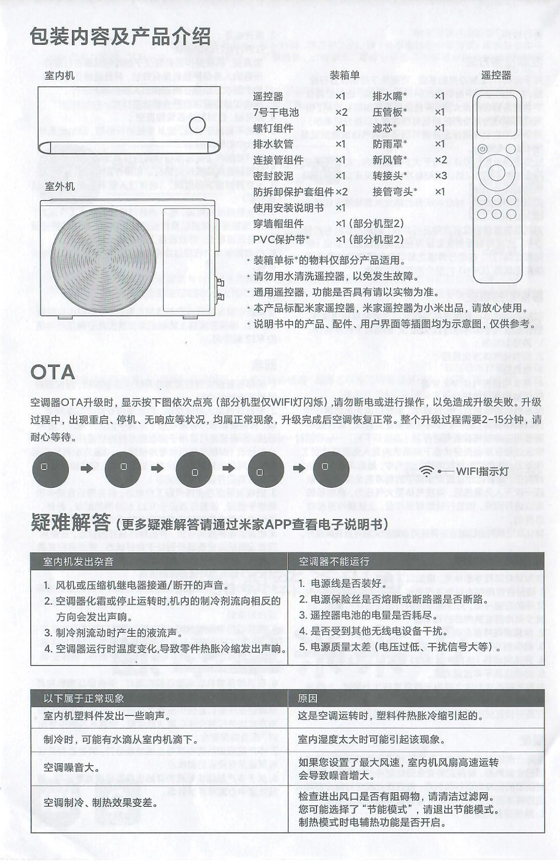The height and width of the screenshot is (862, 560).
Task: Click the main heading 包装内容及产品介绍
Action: (x=120, y=37)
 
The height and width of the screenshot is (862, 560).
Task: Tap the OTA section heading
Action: (x=53, y=372)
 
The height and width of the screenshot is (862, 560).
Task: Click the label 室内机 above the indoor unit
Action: (x=59, y=76)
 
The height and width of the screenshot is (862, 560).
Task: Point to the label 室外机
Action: (x=59, y=186)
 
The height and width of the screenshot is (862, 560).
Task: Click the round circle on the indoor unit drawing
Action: (x=197, y=124)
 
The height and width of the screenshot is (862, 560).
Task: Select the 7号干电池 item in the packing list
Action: (x=276, y=112)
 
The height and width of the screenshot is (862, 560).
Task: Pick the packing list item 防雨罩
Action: (x=389, y=144)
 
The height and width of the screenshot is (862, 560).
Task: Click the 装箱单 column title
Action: (x=344, y=75)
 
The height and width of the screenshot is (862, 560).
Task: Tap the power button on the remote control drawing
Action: (x=483, y=149)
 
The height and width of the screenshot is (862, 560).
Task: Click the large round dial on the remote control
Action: (x=496, y=173)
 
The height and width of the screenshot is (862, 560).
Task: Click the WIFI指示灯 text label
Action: (x=482, y=471)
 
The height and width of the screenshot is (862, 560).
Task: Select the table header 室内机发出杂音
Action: (x=78, y=561)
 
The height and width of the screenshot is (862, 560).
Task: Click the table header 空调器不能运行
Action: (x=334, y=561)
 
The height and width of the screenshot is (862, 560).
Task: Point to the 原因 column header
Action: (x=308, y=698)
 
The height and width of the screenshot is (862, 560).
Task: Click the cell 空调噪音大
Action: (x=71, y=768)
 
